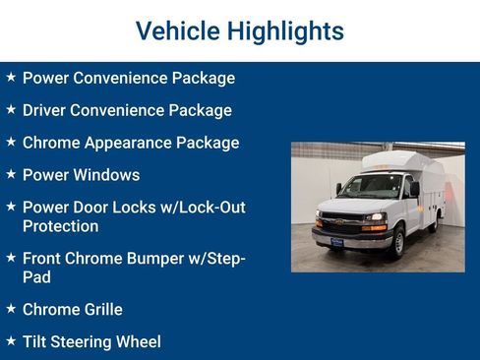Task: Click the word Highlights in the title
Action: coord(285,30)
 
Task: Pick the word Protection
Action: coord(61,226)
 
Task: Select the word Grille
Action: coord(98,310)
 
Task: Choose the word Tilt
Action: coord(37,342)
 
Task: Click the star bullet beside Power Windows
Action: coord(11,174)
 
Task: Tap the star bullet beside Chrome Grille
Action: coord(11,309)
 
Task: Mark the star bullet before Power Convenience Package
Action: coord(11,77)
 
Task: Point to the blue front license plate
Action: coord(336,241)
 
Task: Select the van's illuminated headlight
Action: coord(375,217)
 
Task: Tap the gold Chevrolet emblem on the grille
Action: coord(336,220)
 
